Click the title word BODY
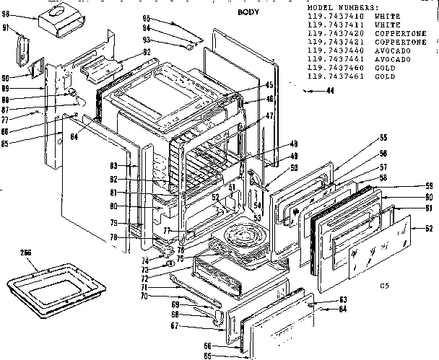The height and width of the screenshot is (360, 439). [248, 14]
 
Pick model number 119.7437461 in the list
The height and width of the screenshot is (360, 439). [333, 76]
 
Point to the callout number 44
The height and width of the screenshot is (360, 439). [329, 91]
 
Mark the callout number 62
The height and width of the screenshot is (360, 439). [428, 229]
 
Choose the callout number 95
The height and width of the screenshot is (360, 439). [145, 17]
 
